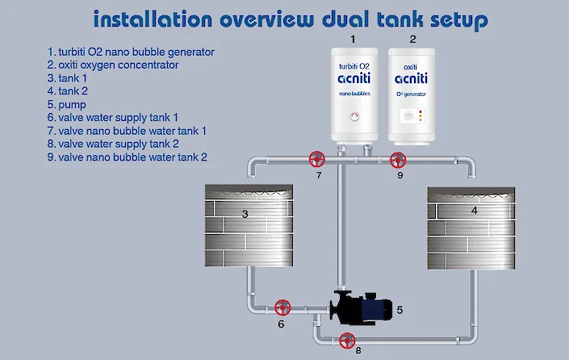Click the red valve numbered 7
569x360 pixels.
point(318,159)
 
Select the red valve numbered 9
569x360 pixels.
point(398,159)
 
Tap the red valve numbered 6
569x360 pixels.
point(282,308)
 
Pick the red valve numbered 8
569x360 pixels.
point(347,340)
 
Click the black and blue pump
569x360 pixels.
point(361,308)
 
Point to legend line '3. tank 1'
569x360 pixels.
point(73,78)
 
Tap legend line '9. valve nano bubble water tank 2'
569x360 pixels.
point(128,156)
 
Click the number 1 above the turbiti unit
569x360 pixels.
point(353,38)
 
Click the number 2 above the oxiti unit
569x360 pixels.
point(412,38)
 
